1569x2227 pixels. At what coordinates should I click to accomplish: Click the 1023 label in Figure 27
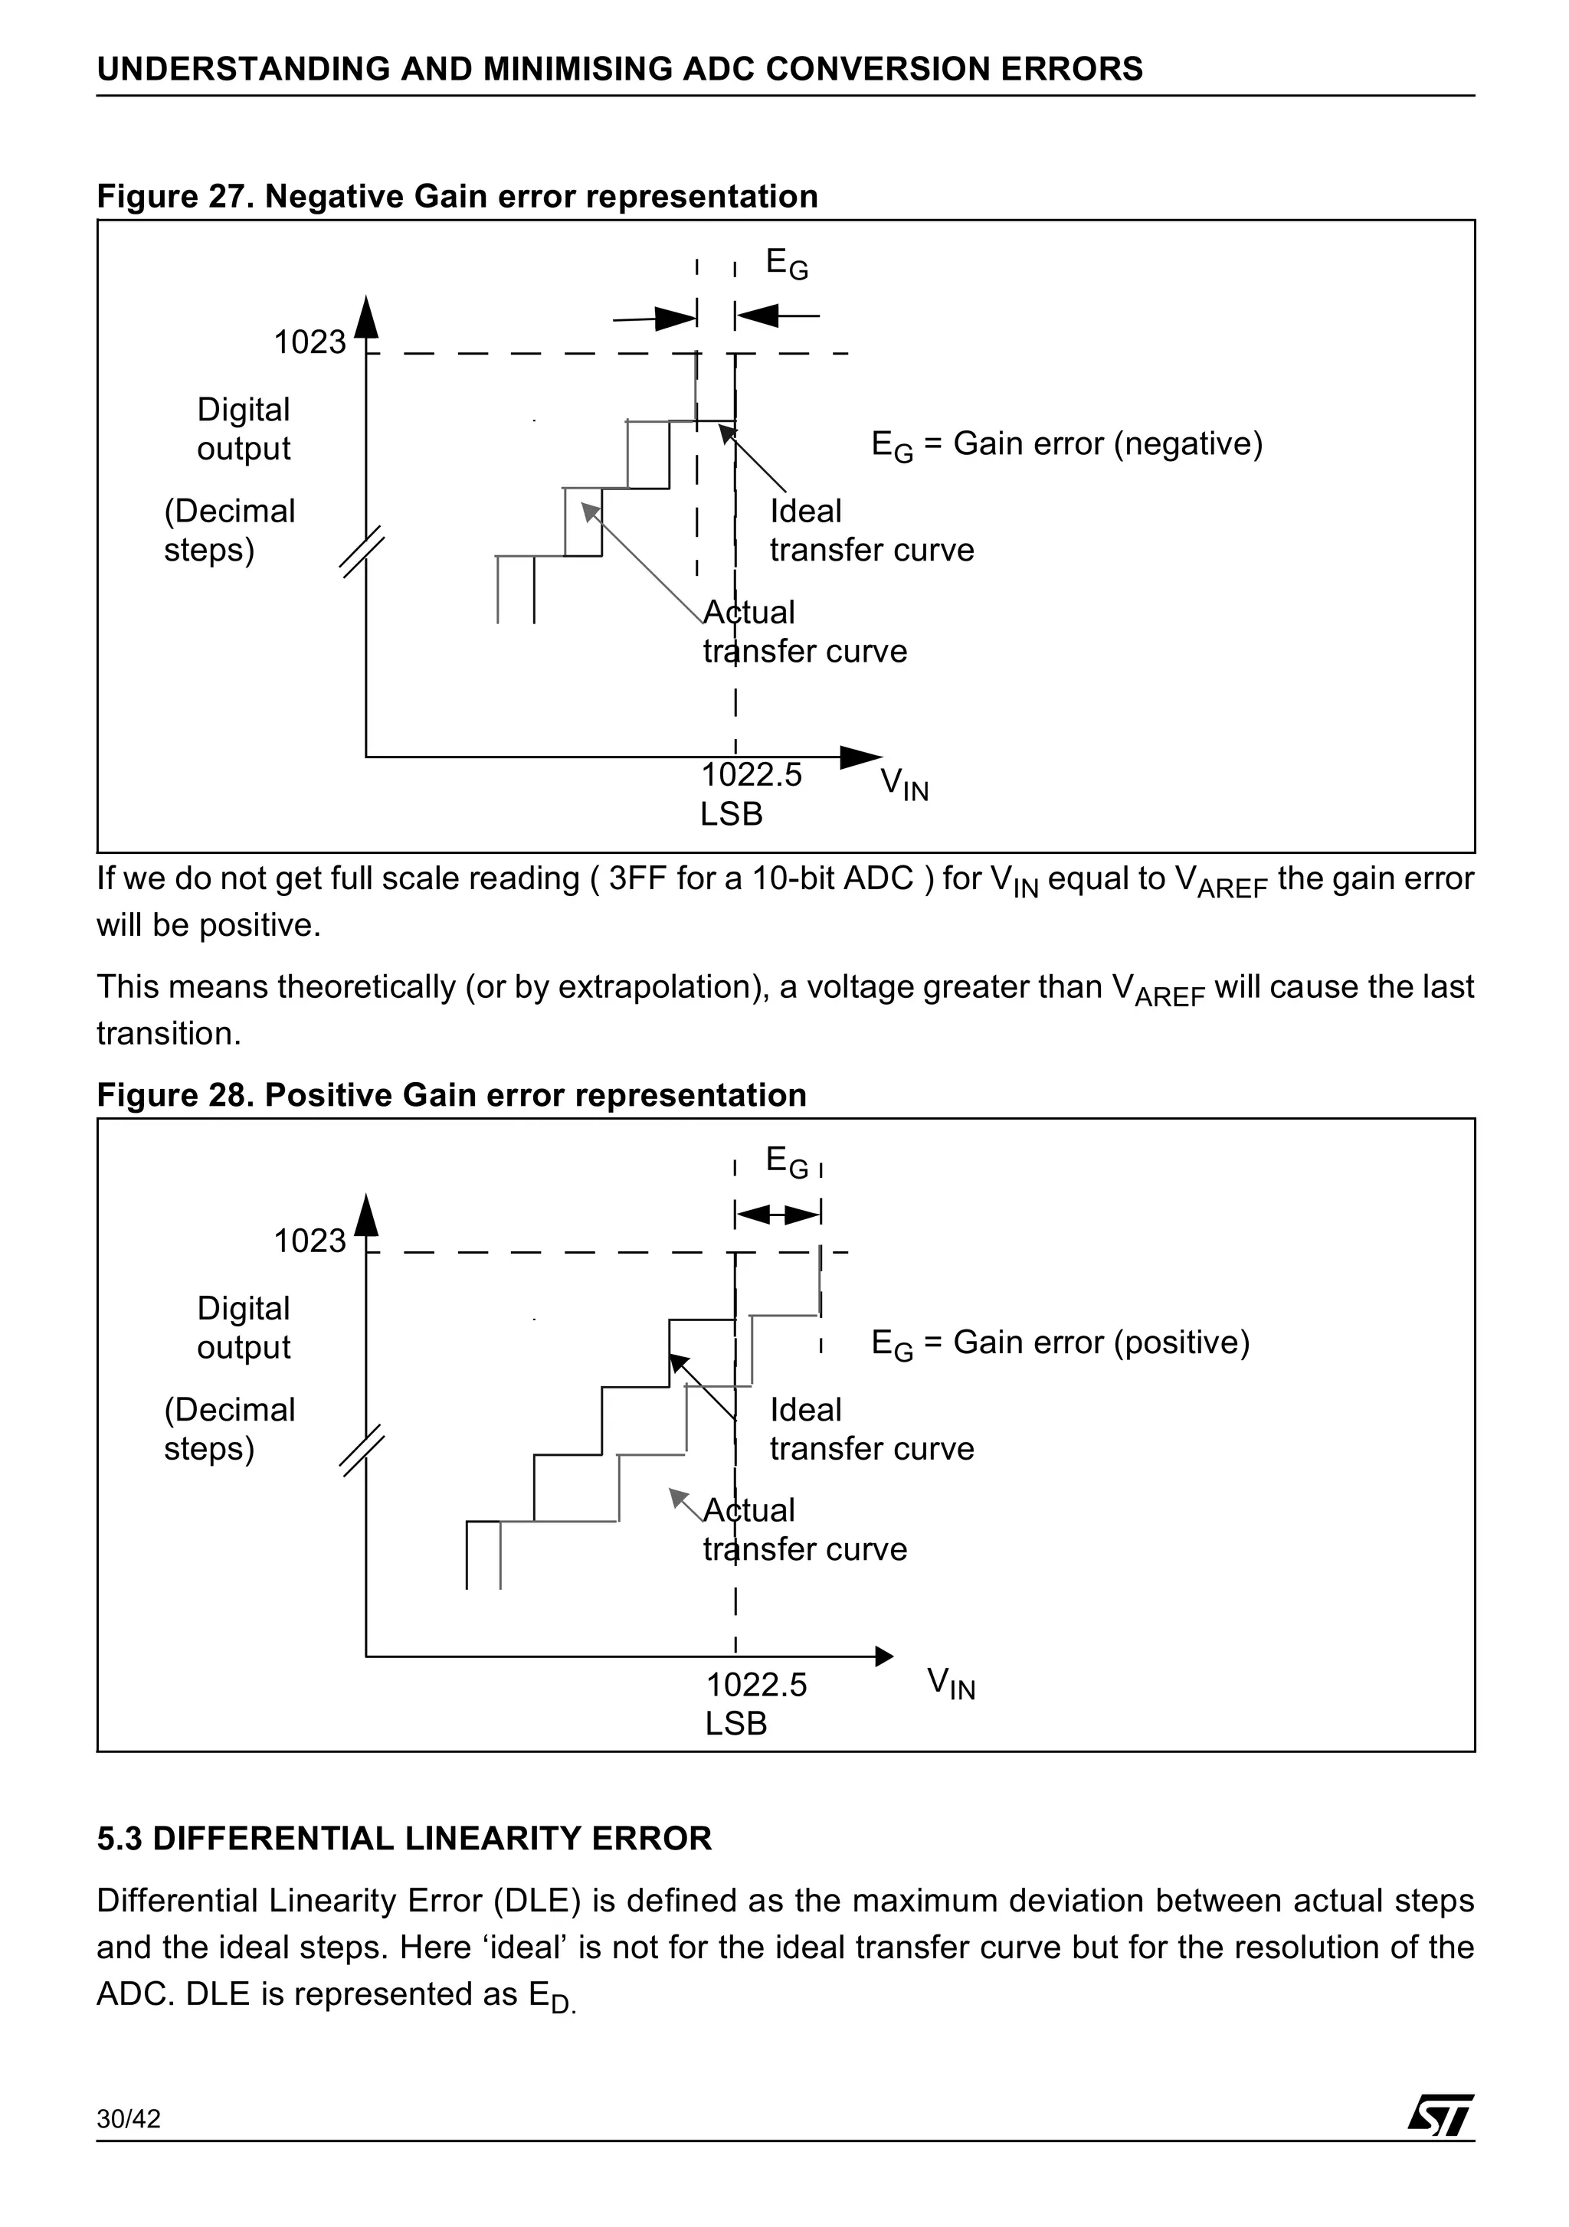point(310,342)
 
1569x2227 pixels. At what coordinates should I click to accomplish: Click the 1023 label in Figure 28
point(310,1241)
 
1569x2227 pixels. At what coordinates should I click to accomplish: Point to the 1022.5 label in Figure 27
point(751,775)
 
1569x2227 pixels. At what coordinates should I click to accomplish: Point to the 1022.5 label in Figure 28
point(756,1685)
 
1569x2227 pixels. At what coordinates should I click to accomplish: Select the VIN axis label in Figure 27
point(903,783)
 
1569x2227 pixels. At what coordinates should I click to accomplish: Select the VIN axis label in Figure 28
point(950,1682)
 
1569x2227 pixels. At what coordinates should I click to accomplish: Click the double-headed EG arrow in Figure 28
point(778,1213)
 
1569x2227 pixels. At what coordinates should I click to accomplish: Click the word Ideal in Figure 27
point(805,511)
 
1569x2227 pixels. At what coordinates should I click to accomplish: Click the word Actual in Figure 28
point(748,1510)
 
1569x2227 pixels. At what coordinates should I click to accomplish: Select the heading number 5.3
point(120,1839)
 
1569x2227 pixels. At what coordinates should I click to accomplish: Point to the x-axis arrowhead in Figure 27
point(863,757)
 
